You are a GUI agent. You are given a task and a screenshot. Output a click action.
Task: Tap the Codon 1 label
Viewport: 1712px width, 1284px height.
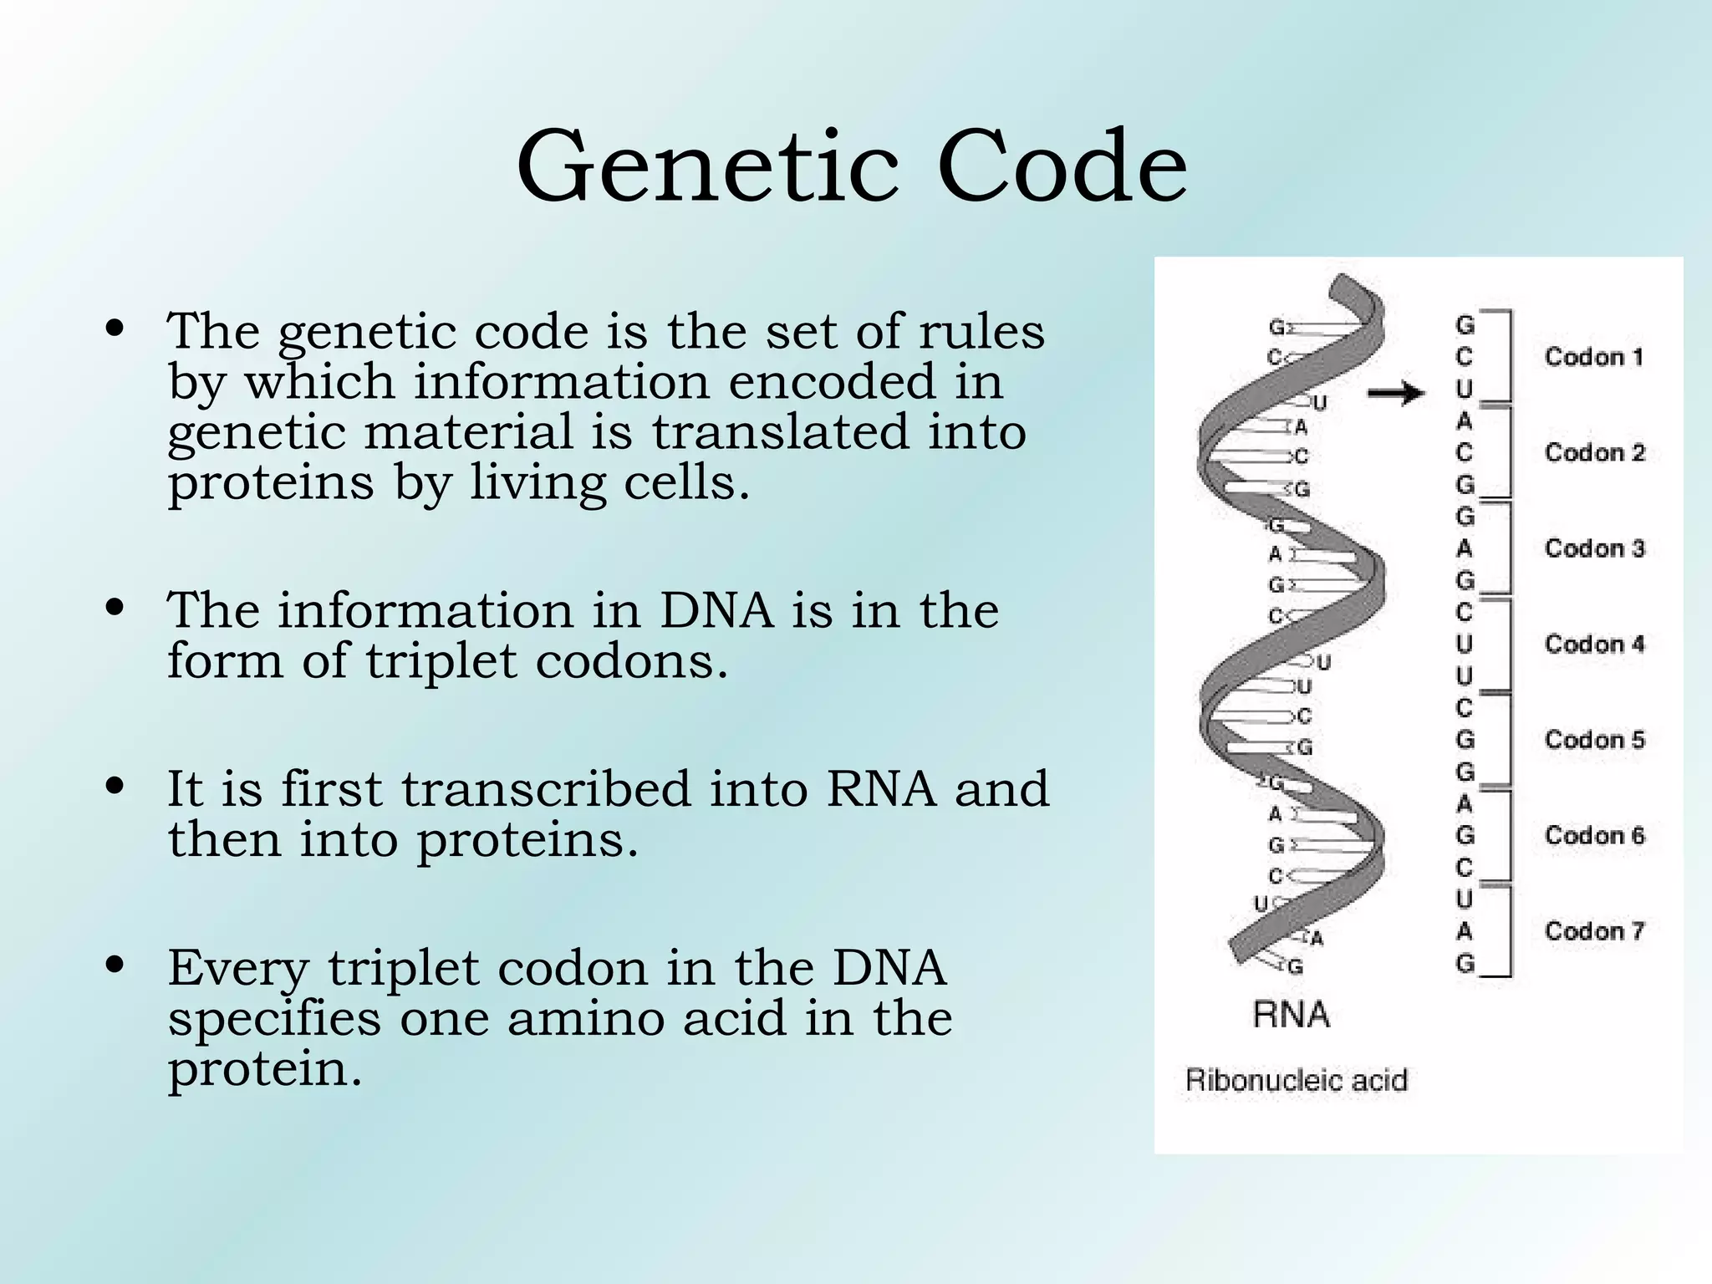(x=1593, y=357)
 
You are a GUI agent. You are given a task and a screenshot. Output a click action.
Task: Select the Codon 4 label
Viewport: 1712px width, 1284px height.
(x=1593, y=645)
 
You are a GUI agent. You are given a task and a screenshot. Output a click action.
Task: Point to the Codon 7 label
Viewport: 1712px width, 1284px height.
(x=1593, y=931)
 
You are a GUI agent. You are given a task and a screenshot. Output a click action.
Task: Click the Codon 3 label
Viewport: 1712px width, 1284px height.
(x=1593, y=548)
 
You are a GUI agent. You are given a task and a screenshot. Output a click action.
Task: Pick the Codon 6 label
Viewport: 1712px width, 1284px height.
(x=1593, y=835)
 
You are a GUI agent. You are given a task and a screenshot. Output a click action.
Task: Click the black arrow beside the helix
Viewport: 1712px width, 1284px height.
(x=1396, y=392)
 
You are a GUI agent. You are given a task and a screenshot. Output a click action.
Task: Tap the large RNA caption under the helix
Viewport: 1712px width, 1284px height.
(x=1291, y=1015)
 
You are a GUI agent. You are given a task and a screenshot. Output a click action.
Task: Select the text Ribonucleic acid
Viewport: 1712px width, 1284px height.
(x=1296, y=1080)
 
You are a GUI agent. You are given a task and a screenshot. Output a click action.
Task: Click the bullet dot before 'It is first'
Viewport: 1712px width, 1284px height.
(x=116, y=787)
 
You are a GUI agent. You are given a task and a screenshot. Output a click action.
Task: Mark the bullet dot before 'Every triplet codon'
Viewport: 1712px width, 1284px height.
(x=116, y=966)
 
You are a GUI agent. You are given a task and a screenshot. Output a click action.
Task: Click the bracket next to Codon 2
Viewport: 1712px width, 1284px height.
(x=1509, y=452)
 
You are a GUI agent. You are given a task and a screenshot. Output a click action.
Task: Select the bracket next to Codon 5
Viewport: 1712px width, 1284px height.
(x=1509, y=740)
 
